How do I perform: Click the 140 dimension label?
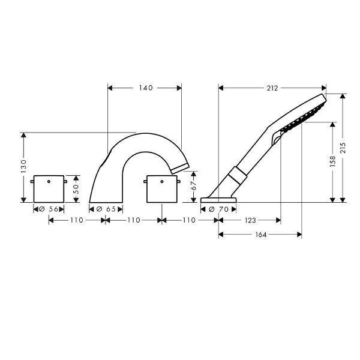(146, 88)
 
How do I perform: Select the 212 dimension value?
(272, 88)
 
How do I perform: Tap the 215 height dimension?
(343, 148)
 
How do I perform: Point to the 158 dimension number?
(332, 161)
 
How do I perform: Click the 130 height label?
(23, 166)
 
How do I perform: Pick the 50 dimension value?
(76, 189)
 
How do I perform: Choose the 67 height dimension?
(194, 186)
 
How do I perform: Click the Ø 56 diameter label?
(49, 209)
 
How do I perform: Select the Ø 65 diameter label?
(106, 209)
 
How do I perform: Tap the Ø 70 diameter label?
(218, 209)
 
